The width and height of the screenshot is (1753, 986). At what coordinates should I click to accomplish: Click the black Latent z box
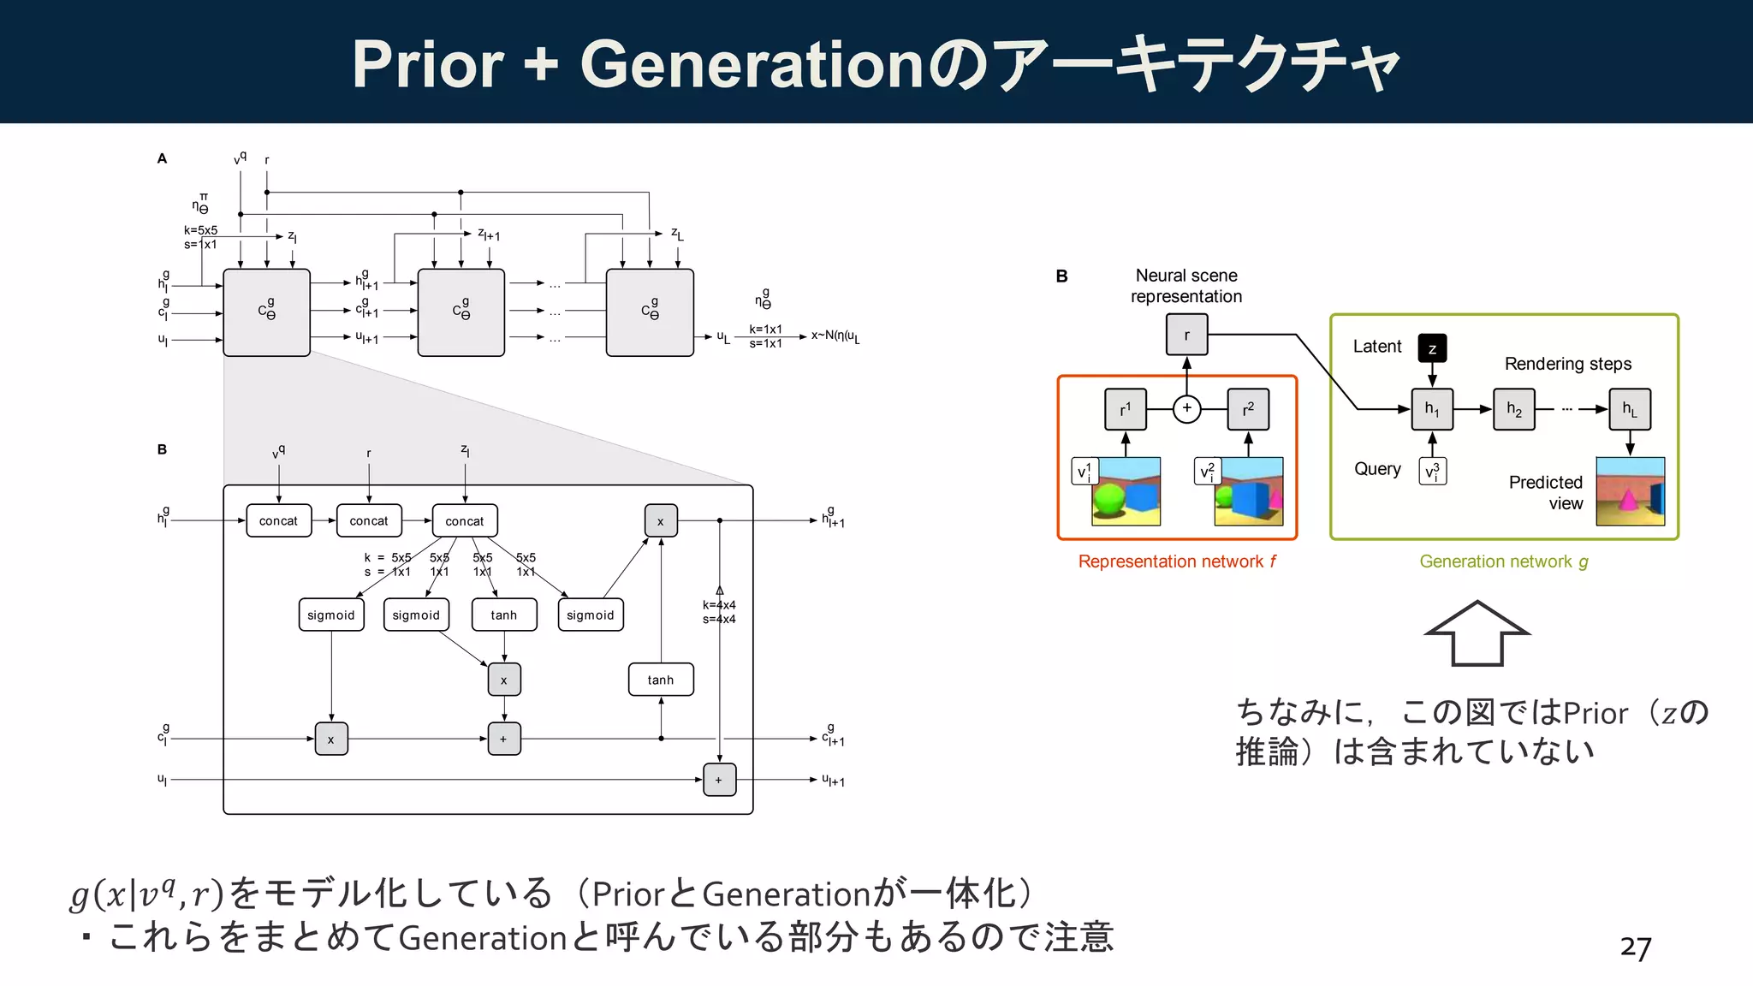[1432, 347]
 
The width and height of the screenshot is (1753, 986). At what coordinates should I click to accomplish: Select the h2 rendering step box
[1514, 409]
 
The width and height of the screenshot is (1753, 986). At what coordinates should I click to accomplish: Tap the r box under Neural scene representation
[1186, 335]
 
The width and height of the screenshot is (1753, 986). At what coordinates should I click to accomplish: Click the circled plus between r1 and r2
[1186, 408]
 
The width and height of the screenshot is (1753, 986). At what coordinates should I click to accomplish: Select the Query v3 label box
[1432, 471]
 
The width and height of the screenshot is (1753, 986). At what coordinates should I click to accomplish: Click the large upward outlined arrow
[1477, 633]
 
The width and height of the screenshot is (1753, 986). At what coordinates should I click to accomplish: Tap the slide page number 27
[1635, 947]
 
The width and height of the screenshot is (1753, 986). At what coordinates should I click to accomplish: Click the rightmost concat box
[465, 520]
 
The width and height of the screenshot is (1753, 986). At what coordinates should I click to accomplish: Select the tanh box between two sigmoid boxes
[504, 615]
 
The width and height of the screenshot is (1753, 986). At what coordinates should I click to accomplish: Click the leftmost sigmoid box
[331, 615]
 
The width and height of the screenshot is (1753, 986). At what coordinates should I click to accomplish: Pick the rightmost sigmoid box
[591, 615]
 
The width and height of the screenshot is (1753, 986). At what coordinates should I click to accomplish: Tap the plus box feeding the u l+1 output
[719, 780]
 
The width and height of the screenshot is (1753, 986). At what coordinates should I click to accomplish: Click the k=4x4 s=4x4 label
[719, 611]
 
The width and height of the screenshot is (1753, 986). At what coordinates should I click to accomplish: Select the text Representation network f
[1176, 561]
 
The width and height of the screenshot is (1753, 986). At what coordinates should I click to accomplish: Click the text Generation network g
[1503, 561]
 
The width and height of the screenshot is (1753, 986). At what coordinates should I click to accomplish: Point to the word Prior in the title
[428, 64]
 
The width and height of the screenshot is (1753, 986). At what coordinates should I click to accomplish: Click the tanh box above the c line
[660, 680]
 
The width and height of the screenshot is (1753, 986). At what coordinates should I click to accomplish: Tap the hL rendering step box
[1630, 409]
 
